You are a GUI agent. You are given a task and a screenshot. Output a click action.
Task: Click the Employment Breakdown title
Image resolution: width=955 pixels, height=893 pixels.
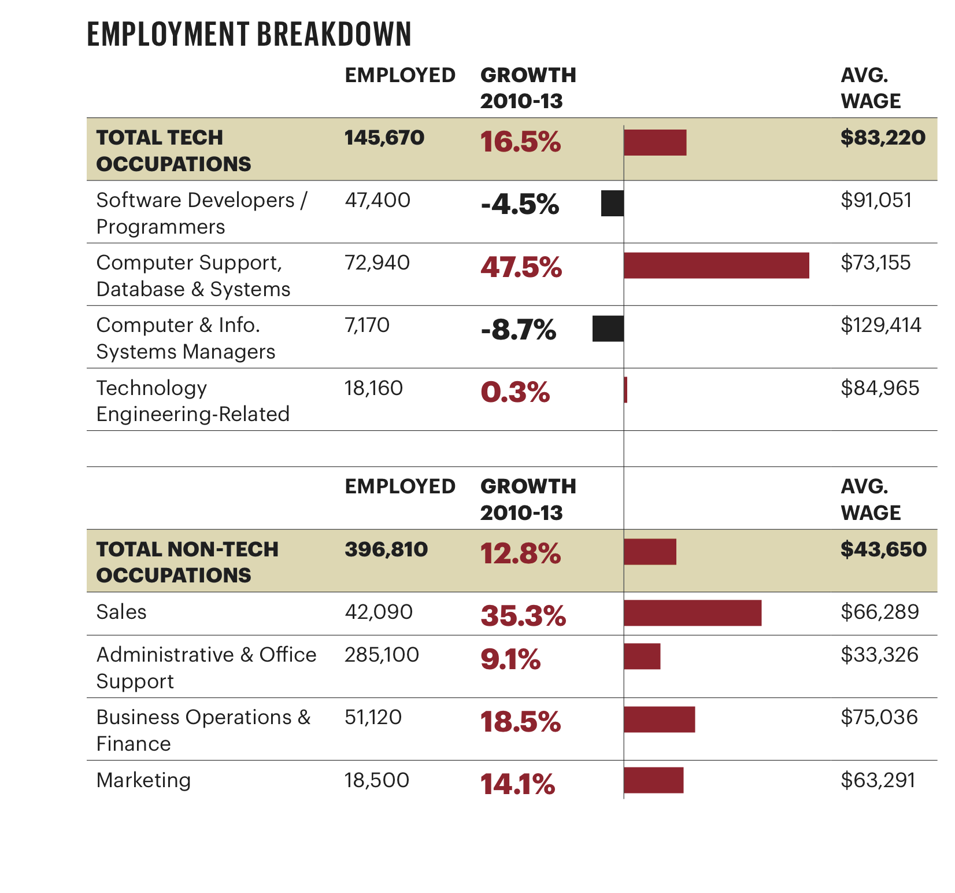click(249, 34)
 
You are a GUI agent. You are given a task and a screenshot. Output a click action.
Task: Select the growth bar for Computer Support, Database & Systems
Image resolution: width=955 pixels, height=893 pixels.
click(716, 265)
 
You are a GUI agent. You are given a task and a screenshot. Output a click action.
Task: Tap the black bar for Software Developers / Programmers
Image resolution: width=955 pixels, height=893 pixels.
click(612, 203)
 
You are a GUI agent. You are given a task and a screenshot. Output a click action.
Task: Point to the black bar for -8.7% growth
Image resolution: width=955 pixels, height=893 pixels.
click(608, 329)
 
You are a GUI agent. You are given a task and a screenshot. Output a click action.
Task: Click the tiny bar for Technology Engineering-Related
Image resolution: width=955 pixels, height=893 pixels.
click(625, 390)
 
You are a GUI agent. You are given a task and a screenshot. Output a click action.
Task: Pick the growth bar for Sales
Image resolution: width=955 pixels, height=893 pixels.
click(693, 613)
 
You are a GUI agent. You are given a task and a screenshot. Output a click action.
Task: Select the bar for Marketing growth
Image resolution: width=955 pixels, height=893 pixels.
click(654, 780)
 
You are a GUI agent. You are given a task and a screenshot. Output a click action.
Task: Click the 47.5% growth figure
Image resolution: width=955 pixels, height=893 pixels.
click(521, 267)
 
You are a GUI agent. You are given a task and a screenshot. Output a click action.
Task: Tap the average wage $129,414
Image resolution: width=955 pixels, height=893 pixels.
click(880, 325)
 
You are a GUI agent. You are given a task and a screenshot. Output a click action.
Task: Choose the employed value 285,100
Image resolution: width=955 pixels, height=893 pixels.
click(382, 655)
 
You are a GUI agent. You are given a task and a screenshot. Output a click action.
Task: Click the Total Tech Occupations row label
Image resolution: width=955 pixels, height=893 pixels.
click(173, 150)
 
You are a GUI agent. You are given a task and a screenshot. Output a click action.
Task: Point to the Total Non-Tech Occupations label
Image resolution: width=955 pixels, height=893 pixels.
click(187, 562)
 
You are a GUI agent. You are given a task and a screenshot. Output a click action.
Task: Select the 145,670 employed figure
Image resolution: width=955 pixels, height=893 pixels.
click(384, 138)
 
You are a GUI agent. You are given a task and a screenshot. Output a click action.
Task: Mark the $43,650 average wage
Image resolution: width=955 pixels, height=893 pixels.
click(883, 549)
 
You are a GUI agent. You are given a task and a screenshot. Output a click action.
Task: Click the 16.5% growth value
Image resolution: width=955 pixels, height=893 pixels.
click(520, 142)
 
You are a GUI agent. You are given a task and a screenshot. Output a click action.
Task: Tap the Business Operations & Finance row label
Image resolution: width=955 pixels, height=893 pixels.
click(203, 730)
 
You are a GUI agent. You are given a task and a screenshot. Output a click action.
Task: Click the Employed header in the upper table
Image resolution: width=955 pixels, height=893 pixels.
click(400, 75)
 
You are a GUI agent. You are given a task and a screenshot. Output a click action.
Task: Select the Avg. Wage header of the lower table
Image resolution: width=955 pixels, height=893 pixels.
click(870, 499)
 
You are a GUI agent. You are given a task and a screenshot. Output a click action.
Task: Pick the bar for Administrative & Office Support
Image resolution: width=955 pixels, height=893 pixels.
click(642, 656)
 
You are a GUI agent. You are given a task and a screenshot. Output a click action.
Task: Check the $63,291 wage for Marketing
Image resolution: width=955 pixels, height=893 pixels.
click(878, 780)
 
